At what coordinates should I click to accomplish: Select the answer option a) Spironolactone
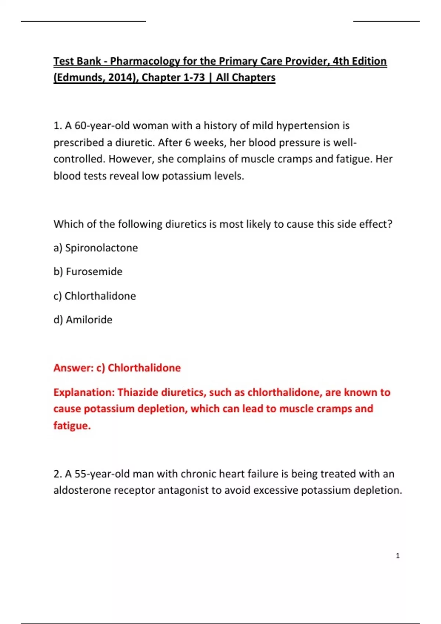point(96,248)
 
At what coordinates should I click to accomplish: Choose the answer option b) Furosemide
point(88,272)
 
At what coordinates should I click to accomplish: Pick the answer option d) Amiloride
point(83,320)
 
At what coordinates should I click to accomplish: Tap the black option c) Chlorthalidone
point(94,296)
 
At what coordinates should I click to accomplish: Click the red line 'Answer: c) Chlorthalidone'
point(117,368)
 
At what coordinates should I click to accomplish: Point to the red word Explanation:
point(84,392)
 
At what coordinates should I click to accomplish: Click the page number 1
point(398,556)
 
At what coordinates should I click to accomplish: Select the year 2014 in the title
point(121,77)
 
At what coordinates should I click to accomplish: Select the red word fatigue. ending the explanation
point(72,426)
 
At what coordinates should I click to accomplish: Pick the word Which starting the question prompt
point(68,224)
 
